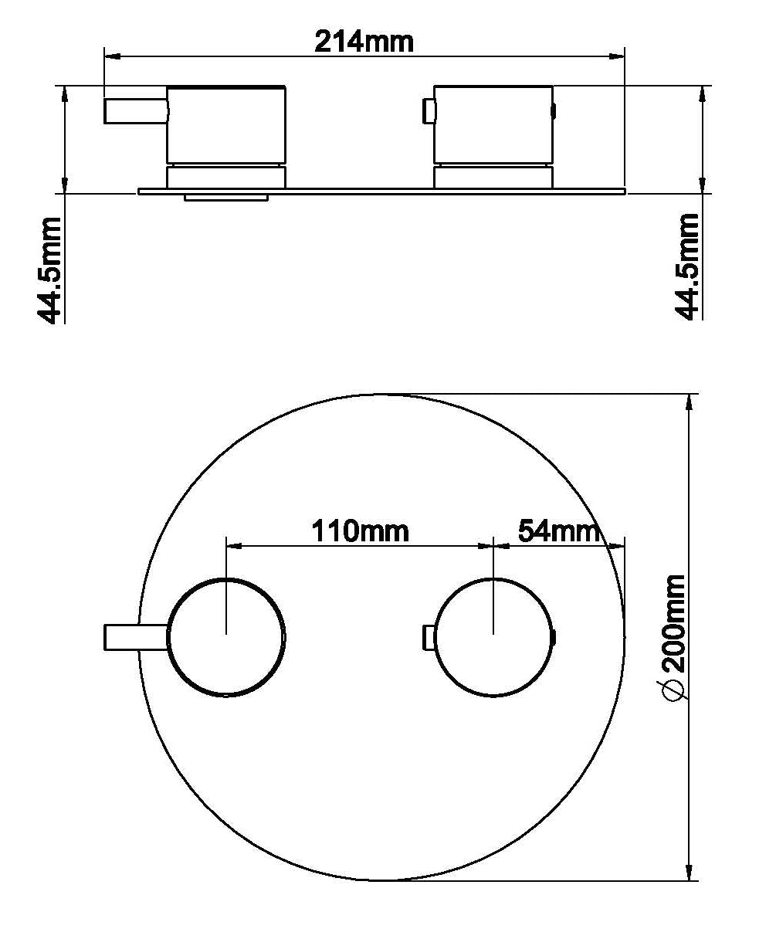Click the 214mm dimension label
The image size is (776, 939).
pyautogui.click(x=364, y=42)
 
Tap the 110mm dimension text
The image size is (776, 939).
pyautogui.click(x=360, y=531)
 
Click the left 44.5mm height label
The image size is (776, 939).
pyautogui.click(x=49, y=270)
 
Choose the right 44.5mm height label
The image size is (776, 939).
pyautogui.click(x=687, y=266)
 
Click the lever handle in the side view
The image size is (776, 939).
pyautogui.click(x=136, y=110)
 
